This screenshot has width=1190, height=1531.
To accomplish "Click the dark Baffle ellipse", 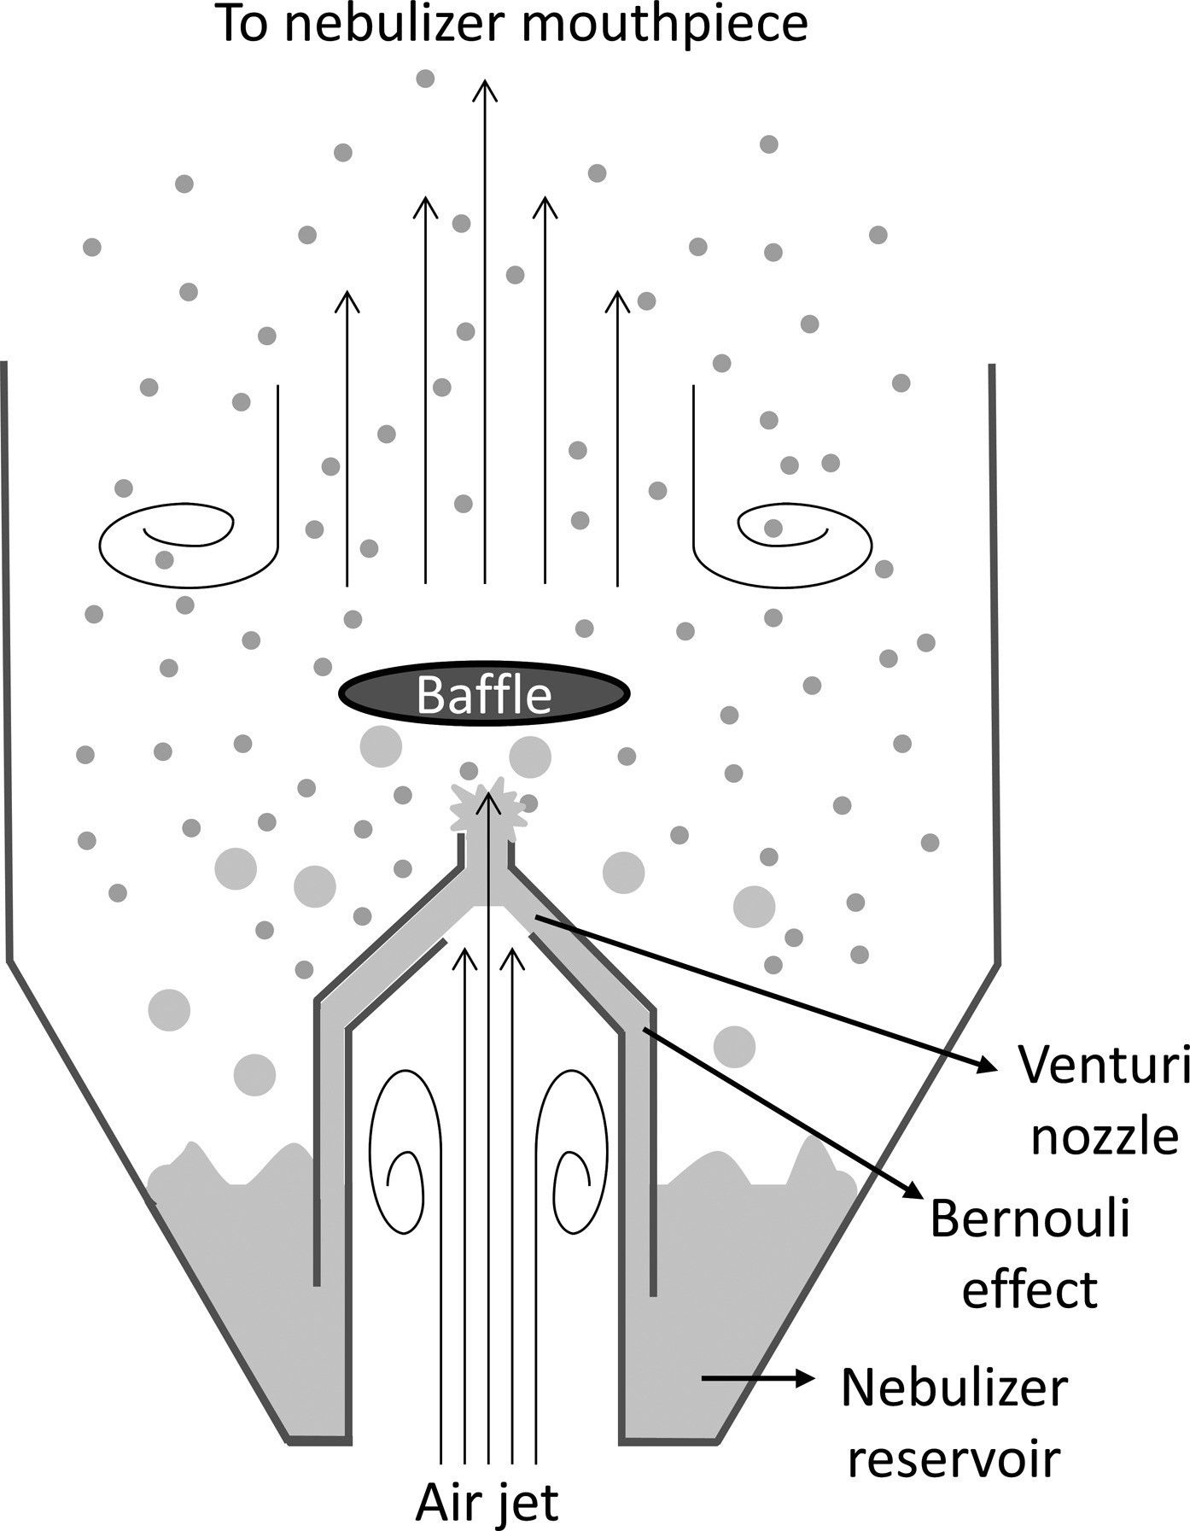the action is click(485, 694).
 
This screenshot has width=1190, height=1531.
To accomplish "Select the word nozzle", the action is click(1105, 1138).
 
